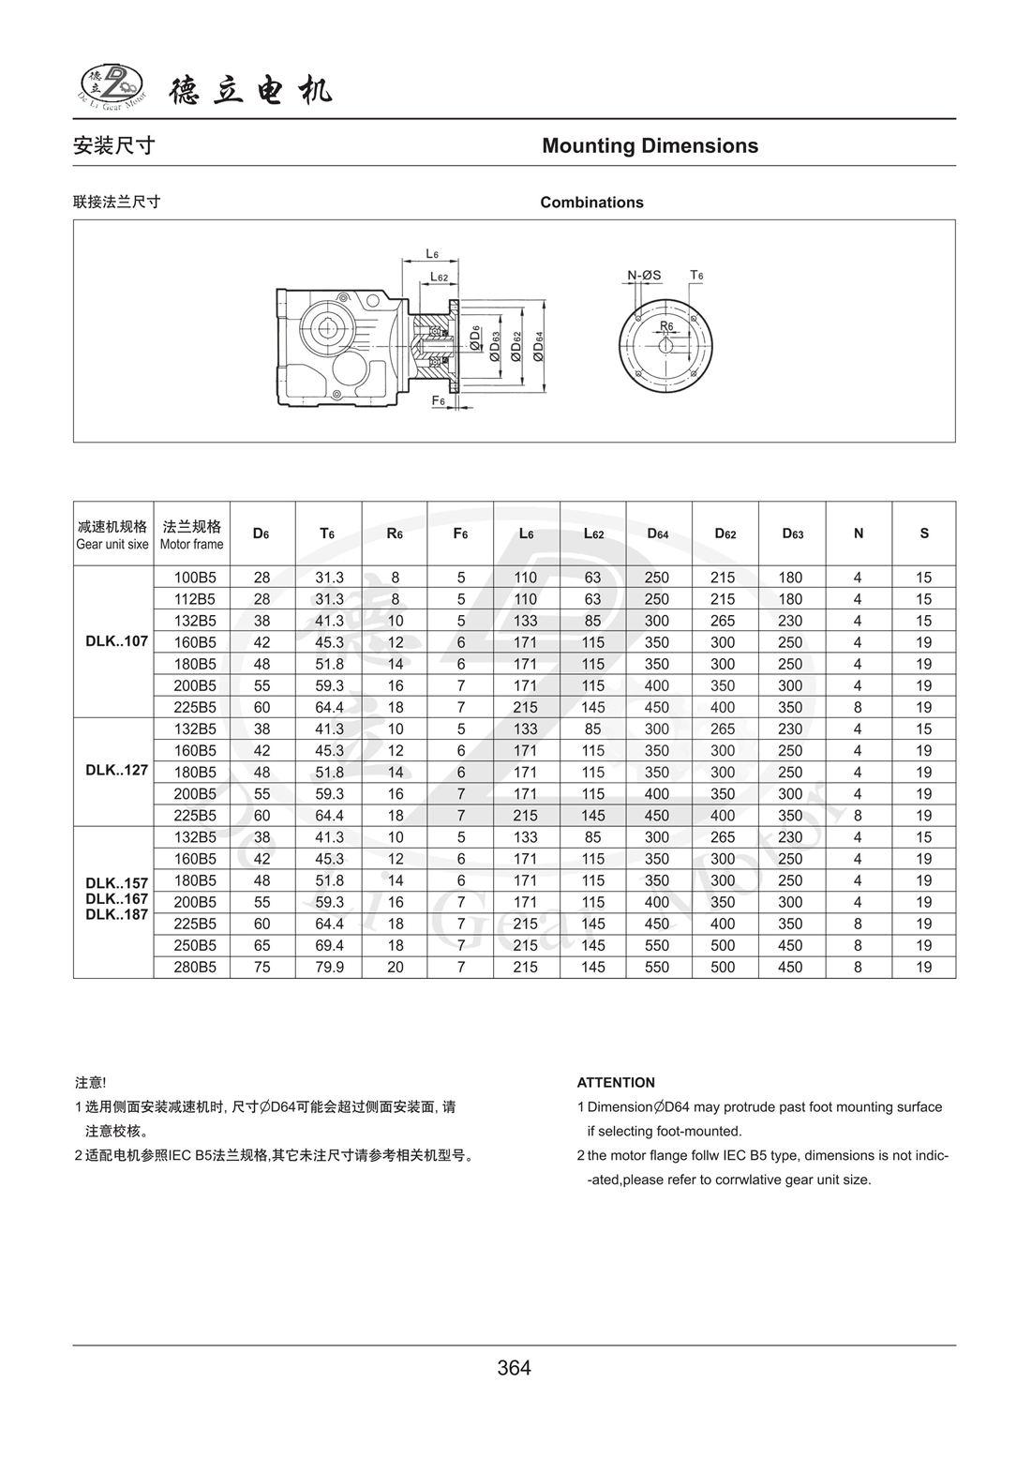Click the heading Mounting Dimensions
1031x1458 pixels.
pyautogui.click(x=650, y=146)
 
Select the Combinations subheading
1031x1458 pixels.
pyautogui.click(x=591, y=203)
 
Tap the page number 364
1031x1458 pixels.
pyautogui.click(x=515, y=1368)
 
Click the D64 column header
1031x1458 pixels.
pyautogui.click(x=658, y=534)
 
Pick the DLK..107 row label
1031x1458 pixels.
pyautogui.click(x=116, y=642)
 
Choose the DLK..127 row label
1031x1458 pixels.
pyautogui.click(x=116, y=772)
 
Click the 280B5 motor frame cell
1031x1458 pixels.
pyautogui.click(x=195, y=967)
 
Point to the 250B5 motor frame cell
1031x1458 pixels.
pyautogui.click(x=195, y=945)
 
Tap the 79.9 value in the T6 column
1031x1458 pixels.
pyautogui.click(x=329, y=967)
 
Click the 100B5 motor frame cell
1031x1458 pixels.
pyautogui.click(x=195, y=578)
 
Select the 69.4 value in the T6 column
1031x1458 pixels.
pyautogui.click(x=329, y=945)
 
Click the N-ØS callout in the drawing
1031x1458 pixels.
pyautogui.click(x=644, y=276)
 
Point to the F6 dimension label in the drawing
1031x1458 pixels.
pyautogui.click(x=438, y=401)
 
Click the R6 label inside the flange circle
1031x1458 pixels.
pyautogui.click(x=666, y=325)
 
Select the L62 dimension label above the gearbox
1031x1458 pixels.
pyautogui.click(x=439, y=277)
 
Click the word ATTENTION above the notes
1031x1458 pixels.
pyautogui.click(x=616, y=1083)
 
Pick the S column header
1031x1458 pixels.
pyautogui.click(x=924, y=534)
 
